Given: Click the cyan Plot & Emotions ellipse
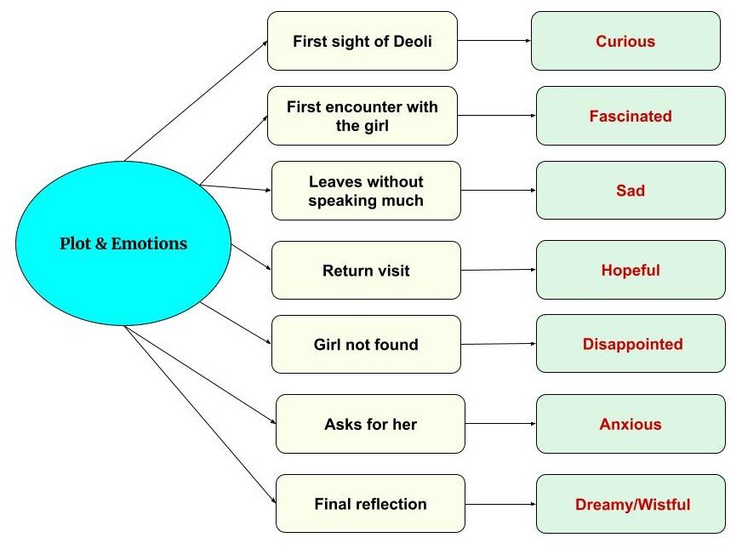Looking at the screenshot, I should click(123, 243).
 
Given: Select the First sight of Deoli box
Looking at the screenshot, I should click(362, 41).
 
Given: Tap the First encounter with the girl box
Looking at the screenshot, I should click(362, 116).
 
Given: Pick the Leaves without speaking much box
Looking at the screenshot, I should click(366, 191).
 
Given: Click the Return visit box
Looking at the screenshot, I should click(366, 271).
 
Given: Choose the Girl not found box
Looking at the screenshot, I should click(366, 345).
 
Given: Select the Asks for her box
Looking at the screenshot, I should click(370, 424).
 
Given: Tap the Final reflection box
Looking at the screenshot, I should click(370, 504).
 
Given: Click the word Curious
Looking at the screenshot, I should click(625, 41).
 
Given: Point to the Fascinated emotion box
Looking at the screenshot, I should click(631, 116).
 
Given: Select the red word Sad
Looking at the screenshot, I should click(631, 191).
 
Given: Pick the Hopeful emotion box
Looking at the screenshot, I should click(631, 271).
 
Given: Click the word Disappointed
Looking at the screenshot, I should click(632, 345).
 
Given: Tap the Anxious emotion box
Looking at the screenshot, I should click(631, 424).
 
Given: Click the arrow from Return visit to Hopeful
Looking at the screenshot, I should click(498, 270).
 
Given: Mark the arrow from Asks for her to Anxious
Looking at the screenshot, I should click(500, 424).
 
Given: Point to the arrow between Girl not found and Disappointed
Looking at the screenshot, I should click(498, 344).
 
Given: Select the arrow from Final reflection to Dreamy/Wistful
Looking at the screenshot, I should click(500, 505).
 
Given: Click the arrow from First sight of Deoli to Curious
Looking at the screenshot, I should click(494, 40).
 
